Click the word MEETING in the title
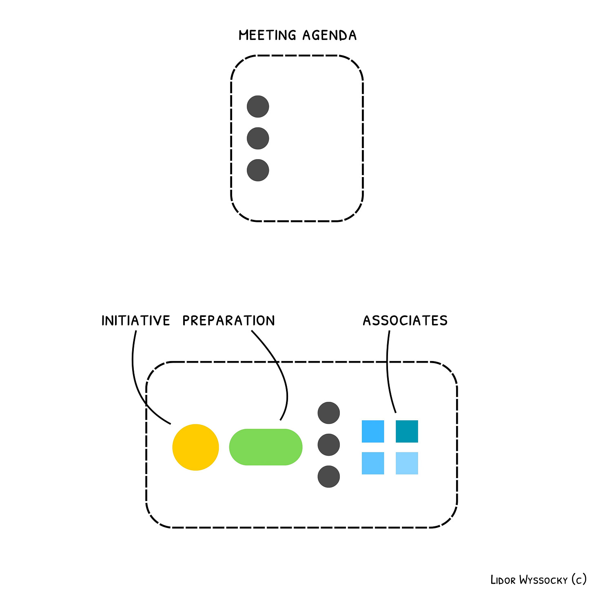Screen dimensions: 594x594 [x=267, y=35]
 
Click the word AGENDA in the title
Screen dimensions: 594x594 [x=330, y=35]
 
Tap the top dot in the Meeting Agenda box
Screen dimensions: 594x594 [x=258, y=106]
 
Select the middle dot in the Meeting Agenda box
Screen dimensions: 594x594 [x=258, y=138]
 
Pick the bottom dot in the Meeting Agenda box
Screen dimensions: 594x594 [x=258, y=170]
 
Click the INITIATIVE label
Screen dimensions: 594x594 [x=135, y=321]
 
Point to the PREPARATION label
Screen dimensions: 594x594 [x=228, y=321]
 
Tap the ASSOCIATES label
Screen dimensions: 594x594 [x=405, y=321]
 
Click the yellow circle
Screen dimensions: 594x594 [x=195, y=447]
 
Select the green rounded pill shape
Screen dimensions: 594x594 [x=266, y=447]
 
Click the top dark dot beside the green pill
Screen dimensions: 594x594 [x=329, y=413]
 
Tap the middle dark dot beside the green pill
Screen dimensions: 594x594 [x=329, y=445]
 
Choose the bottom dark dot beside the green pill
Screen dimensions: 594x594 [x=329, y=477]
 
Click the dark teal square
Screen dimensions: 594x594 [x=407, y=431]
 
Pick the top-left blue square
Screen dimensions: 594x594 [x=373, y=431]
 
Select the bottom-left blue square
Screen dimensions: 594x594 [x=373, y=463]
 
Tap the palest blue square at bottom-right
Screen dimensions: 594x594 [x=407, y=463]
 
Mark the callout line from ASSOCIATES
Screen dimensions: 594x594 [x=388, y=371]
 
